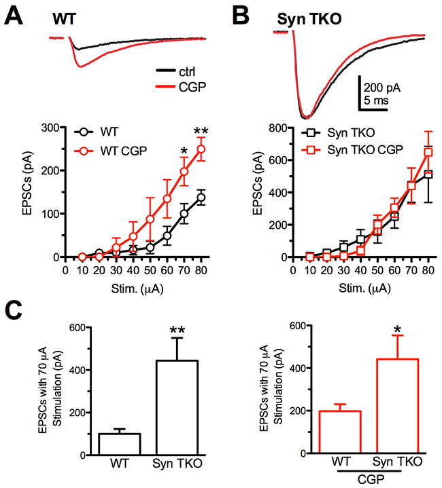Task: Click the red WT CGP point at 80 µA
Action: tap(182, 149)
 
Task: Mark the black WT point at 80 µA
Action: tap(182, 198)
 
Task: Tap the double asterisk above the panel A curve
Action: tap(182, 131)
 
